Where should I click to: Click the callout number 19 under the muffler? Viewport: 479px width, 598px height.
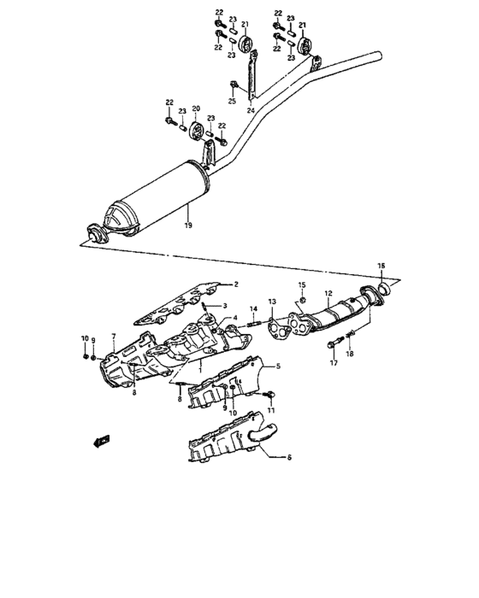pos(187,226)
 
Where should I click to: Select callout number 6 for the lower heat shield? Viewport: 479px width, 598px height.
pos(288,458)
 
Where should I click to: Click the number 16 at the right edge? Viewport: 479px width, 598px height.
pos(381,266)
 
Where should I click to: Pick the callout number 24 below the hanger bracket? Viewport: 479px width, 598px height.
pos(251,109)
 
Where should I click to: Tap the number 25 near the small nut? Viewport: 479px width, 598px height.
pos(232,102)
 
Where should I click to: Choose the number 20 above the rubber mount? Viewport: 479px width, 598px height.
pos(196,108)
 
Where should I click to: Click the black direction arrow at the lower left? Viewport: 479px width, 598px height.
pos(101,441)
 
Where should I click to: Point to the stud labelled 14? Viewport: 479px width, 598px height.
pos(255,323)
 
